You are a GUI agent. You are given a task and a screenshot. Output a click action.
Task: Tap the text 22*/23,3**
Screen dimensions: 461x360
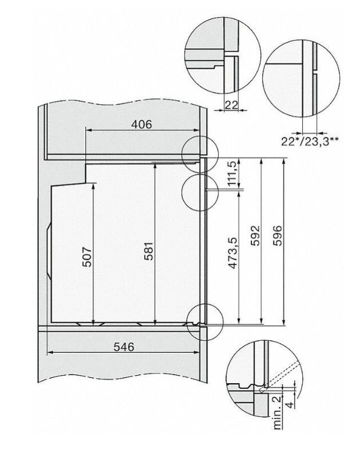coord(310,140)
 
